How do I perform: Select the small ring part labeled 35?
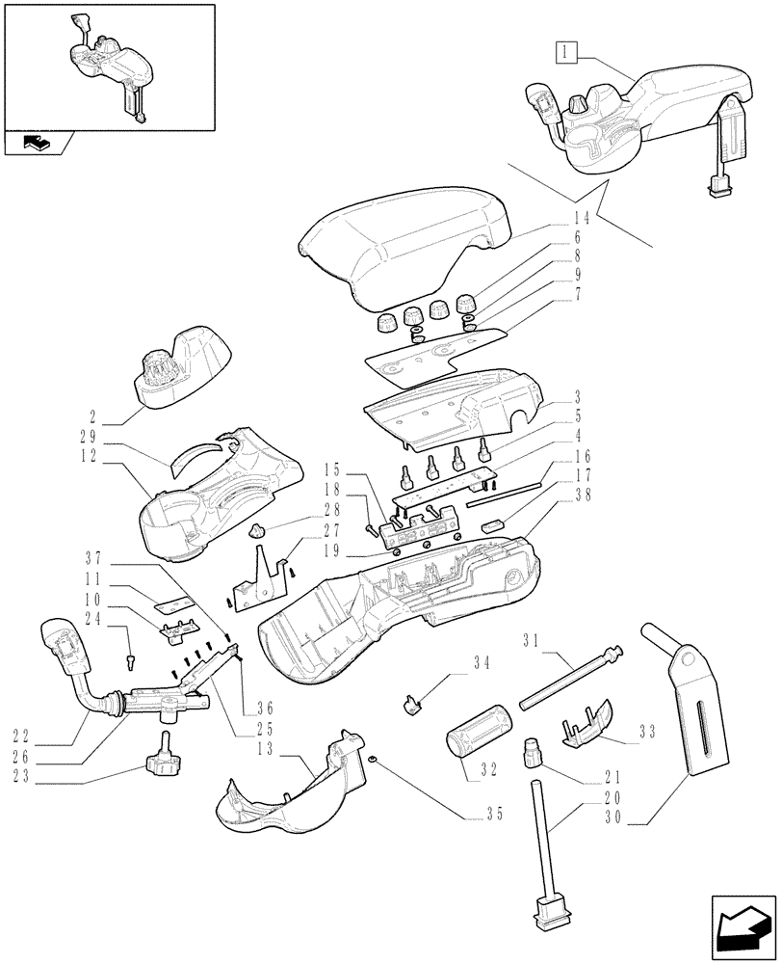coord(371,761)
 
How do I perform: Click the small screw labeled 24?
coord(130,661)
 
